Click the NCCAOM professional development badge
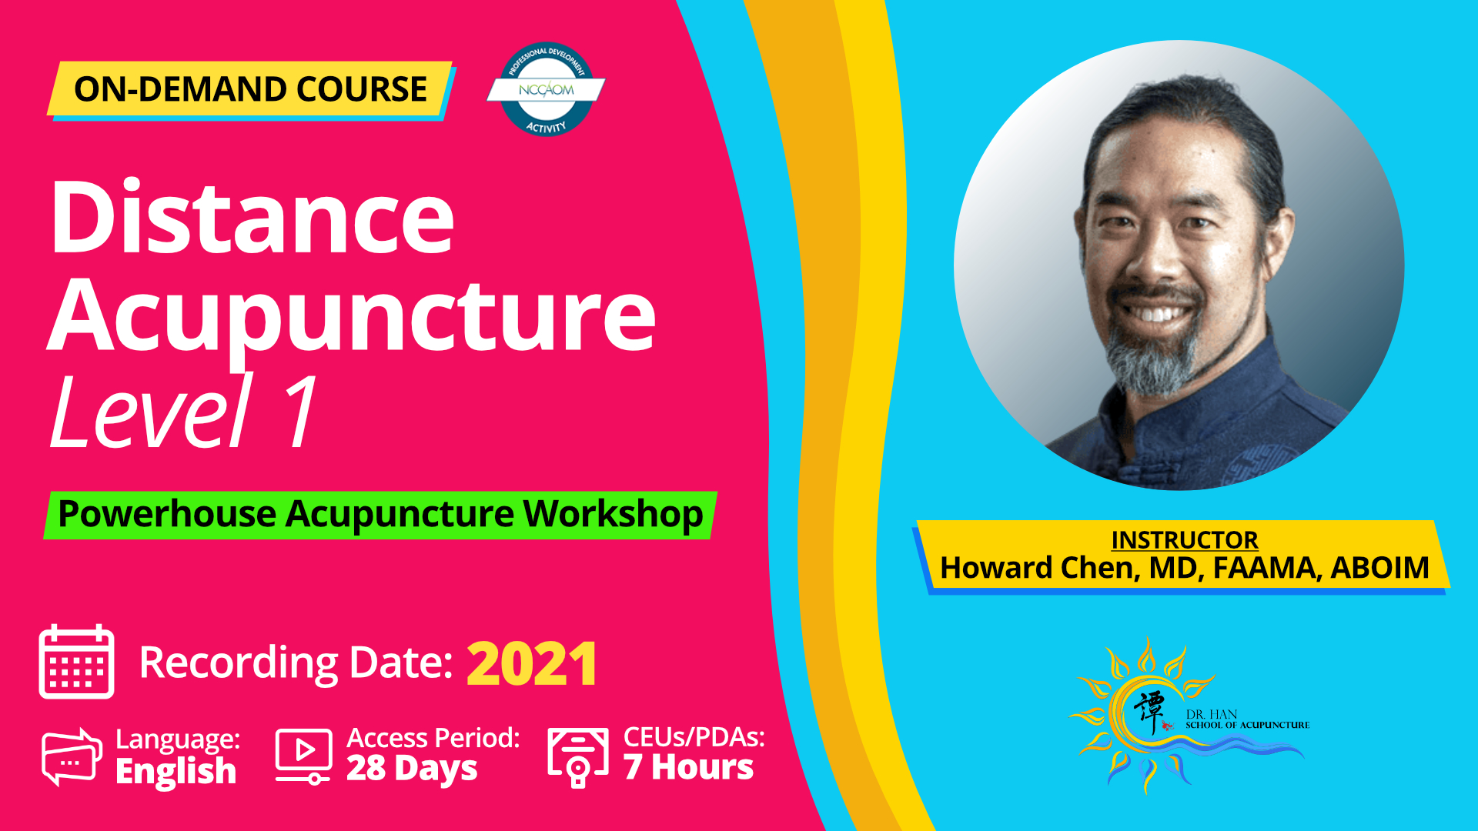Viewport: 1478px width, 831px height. (x=546, y=89)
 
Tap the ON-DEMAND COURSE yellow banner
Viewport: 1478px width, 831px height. (x=250, y=89)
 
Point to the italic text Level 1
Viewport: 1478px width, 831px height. (x=184, y=412)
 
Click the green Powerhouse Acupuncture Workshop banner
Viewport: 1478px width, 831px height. (x=380, y=515)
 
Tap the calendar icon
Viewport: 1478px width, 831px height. (x=76, y=662)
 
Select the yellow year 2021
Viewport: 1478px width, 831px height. (x=532, y=664)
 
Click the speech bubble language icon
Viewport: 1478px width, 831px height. (x=72, y=756)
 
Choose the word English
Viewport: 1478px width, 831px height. (x=176, y=771)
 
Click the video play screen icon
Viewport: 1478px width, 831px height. (x=304, y=756)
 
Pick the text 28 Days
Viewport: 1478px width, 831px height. (x=412, y=769)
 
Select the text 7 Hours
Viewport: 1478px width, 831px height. (x=688, y=767)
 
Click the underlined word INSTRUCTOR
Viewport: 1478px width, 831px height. (x=1185, y=540)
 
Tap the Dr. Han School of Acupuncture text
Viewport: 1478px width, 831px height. (x=1247, y=719)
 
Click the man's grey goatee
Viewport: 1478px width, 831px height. (x=1152, y=362)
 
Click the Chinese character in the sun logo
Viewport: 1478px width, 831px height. (x=1149, y=711)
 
